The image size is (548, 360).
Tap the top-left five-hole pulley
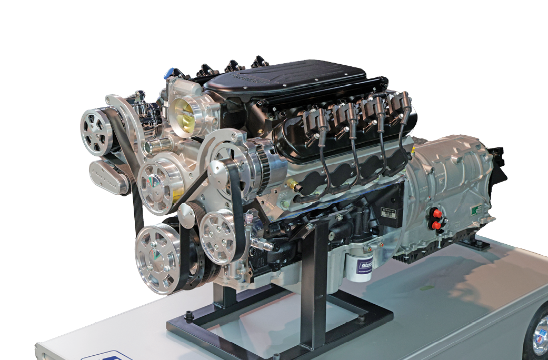[x=97, y=131]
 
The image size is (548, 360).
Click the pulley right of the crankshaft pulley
[x=218, y=236]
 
